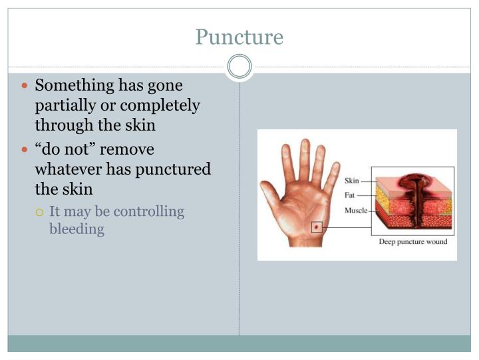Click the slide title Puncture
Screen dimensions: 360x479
239,37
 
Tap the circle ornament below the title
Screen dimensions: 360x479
239,67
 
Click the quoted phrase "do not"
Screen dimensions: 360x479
61,149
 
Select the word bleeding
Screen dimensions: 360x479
77,229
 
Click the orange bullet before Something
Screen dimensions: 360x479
25,86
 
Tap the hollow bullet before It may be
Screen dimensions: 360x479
39,212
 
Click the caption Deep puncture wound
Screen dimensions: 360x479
412,241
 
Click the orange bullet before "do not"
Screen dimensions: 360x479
25,149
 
